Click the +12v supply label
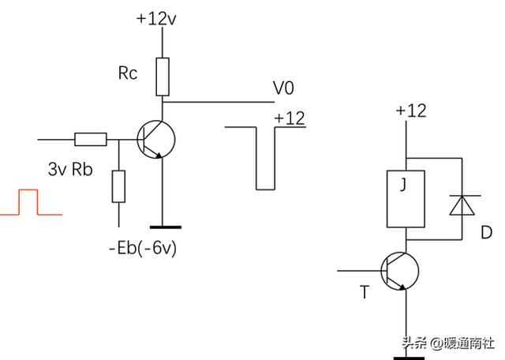click(x=156, y=19)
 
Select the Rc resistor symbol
click(x=163, y=77)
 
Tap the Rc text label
click(x=128, y=73)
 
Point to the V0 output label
click(x=283, y=88)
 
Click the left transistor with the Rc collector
click(x=156, y=139)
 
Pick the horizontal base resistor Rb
click(x=91, y=139)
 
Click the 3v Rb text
click(x=70, y=169)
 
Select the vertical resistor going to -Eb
click(x=119, y=186)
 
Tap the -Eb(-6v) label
click(x=143, y=248)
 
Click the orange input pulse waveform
click(x=28, y=190)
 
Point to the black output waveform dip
click(x=266, y=189)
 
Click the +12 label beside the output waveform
click(x=290, y=118)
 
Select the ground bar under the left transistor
click(x=166, y=227)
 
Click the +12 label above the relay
click(x=411, y=111)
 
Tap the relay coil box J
click(x=406, y=199)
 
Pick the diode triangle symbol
click(x=462, y=205)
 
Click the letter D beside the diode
click(x=486, y=232)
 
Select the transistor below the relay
click(x=400, y=271)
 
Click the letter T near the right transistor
click(x=365, y=292)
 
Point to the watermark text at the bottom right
click(x=448, y=343)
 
